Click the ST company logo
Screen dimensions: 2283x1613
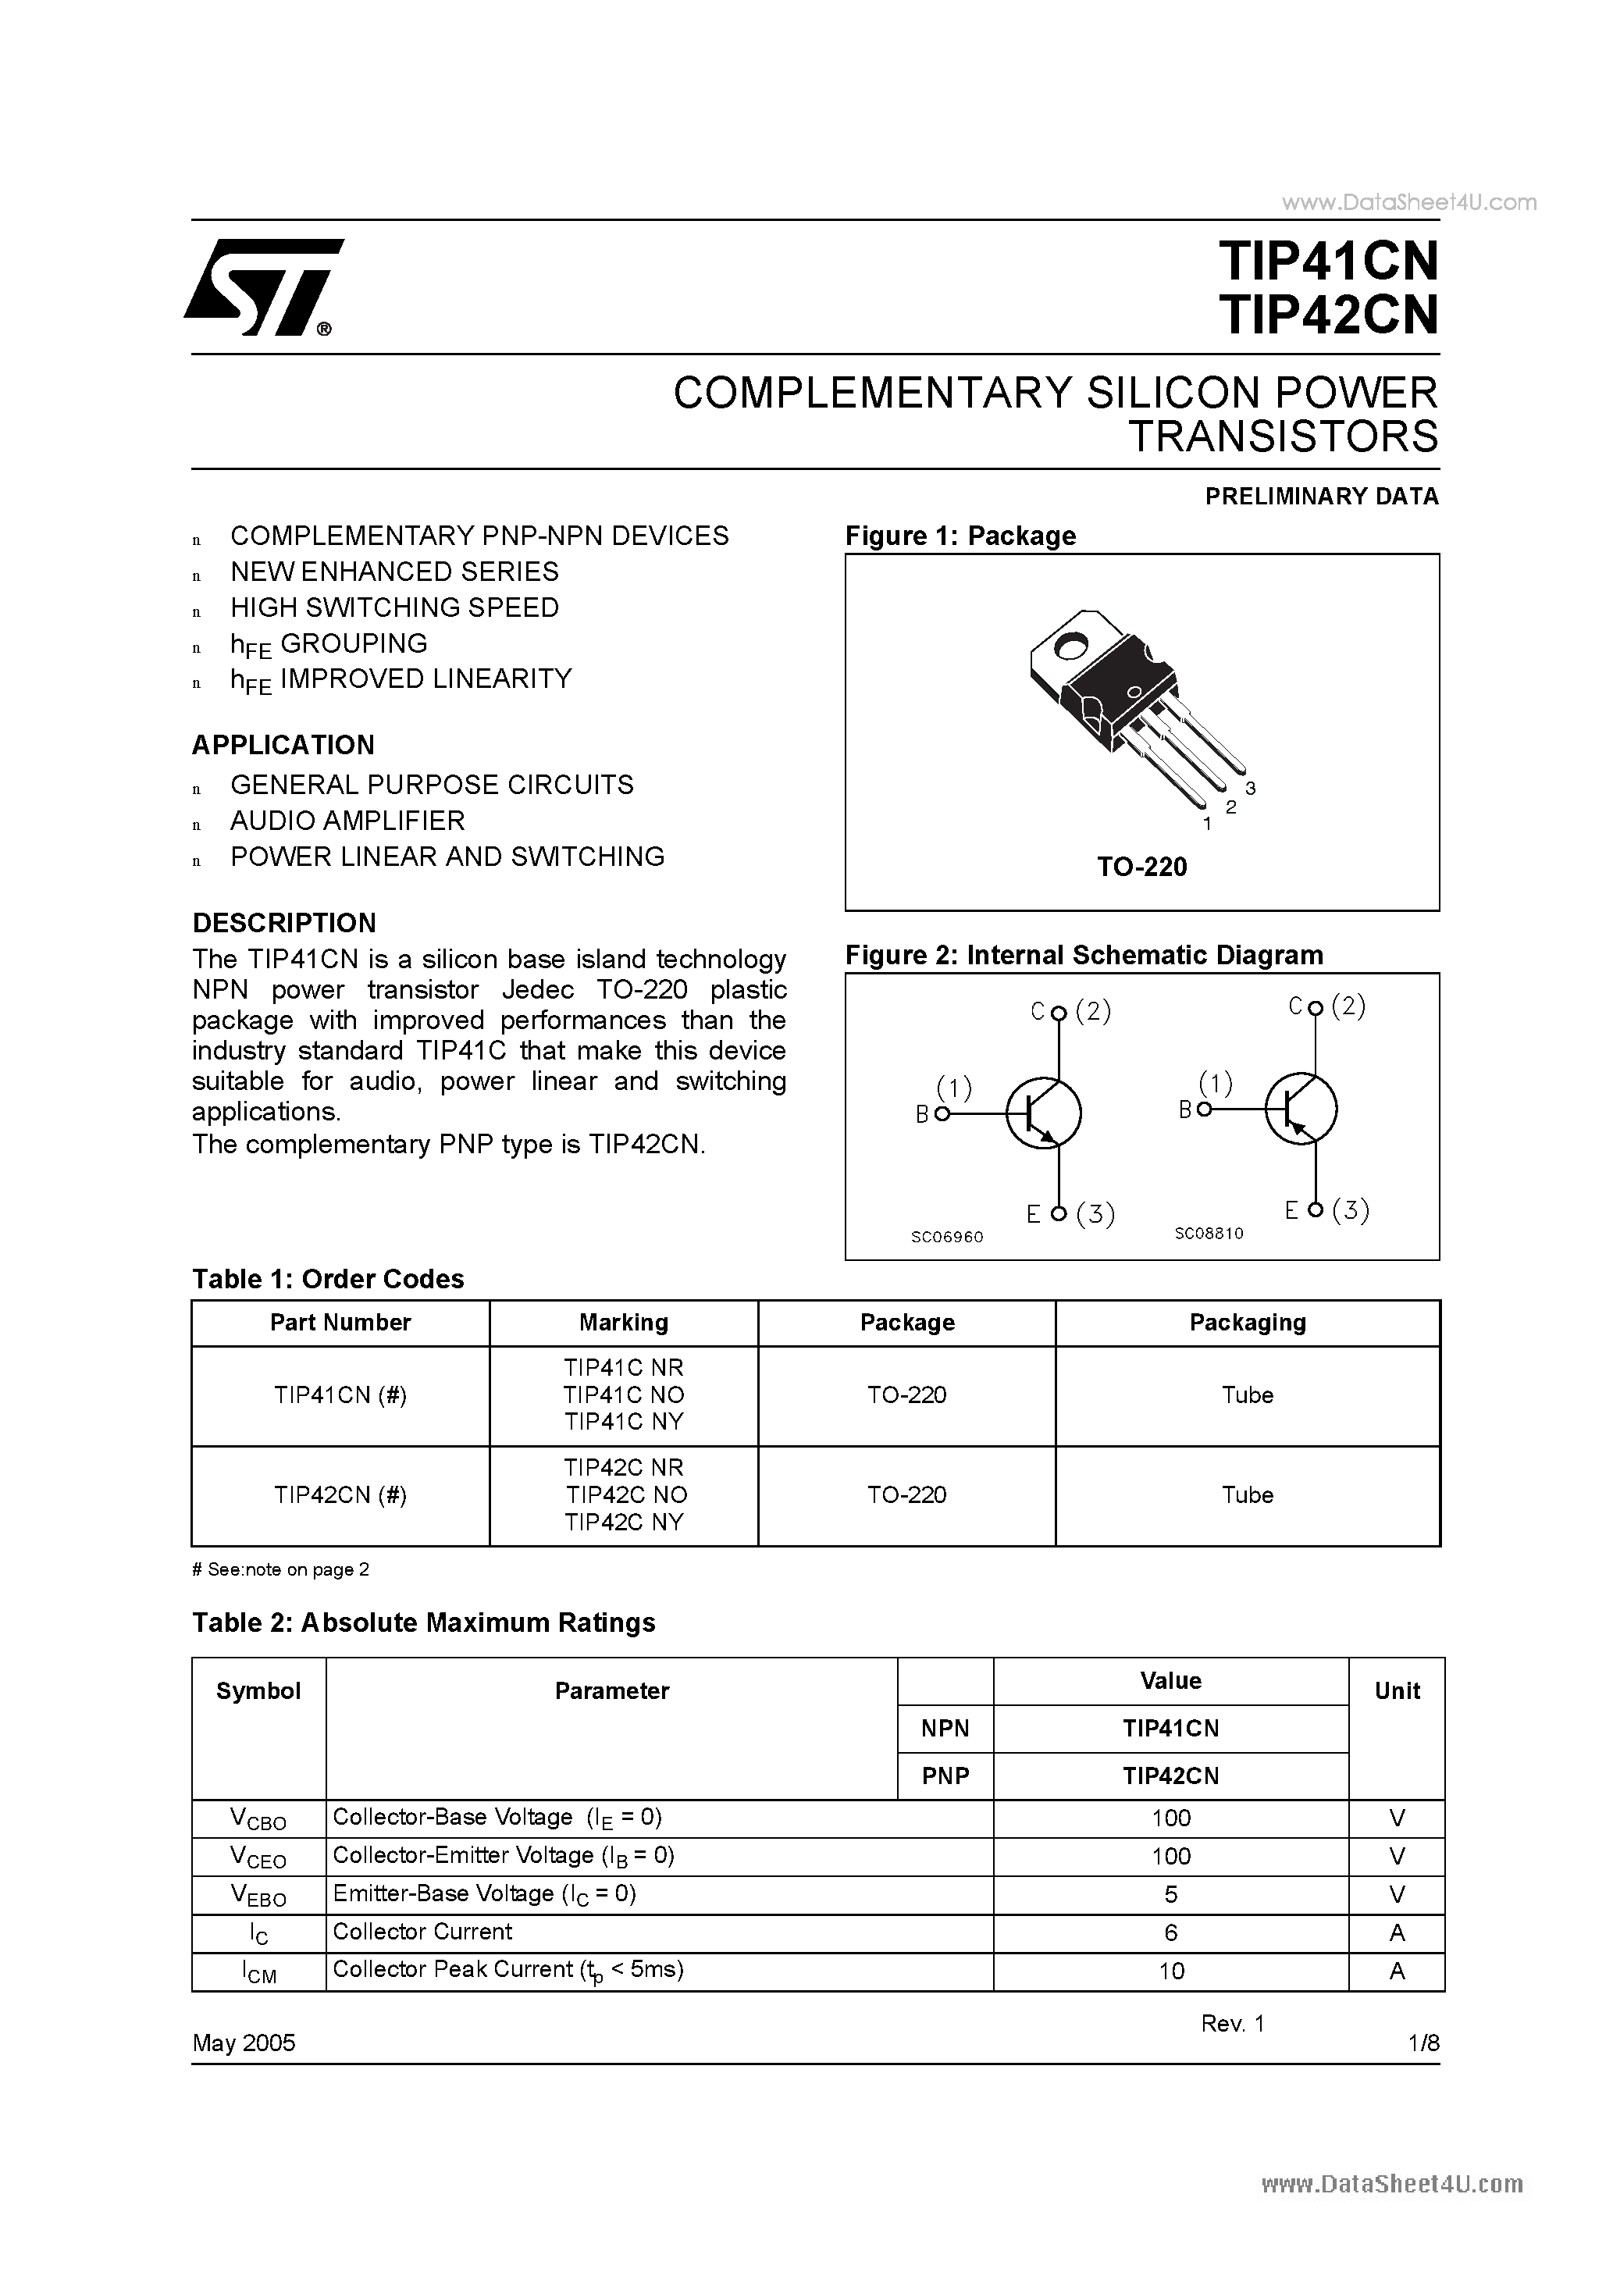pos(262,287)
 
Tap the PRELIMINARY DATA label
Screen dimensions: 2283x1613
pos(1321,496)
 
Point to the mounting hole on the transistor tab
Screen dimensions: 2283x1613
pos(1072,647)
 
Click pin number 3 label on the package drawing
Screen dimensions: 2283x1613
pos(1250,789)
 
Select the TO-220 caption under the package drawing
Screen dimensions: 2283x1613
pos(1141,867)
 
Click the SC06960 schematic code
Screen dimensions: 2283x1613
pos(947,1237)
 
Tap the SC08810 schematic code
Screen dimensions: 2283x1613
pos(1209,1233)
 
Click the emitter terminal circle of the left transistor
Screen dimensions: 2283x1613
pos(1059,1213)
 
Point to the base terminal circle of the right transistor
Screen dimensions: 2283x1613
pos(1204,1109)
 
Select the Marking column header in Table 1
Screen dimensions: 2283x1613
pos(624,1323)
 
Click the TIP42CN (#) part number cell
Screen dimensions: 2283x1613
pos(340,1495)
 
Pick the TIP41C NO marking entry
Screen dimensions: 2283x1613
pos(624,1395)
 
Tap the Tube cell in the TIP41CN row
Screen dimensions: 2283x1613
pos(1247,1395)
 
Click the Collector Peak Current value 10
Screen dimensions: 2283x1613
pos(1170,1971)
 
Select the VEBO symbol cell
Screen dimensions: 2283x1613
pos(258,1895)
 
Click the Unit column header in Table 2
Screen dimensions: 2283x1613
pos(1396,1690)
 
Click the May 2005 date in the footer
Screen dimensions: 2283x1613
pos(244,2043)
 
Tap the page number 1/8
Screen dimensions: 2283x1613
pos(1423,2043)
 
